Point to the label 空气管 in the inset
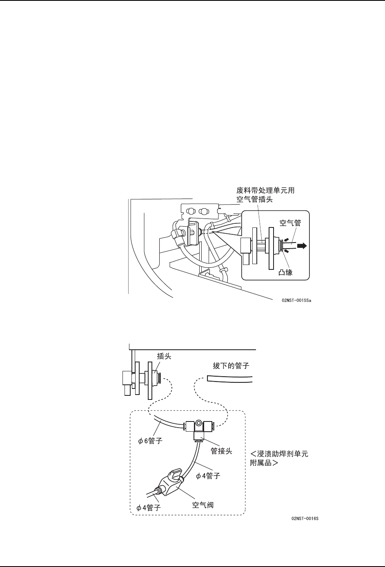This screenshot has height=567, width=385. click(290, 224)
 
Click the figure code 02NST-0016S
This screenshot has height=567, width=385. click(305, 518)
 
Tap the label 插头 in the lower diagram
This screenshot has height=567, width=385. click(164, 356)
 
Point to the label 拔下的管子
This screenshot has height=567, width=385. click(231, 366)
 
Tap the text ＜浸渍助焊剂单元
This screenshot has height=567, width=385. click(279, 454)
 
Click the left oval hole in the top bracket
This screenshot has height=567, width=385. click(190, 212)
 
